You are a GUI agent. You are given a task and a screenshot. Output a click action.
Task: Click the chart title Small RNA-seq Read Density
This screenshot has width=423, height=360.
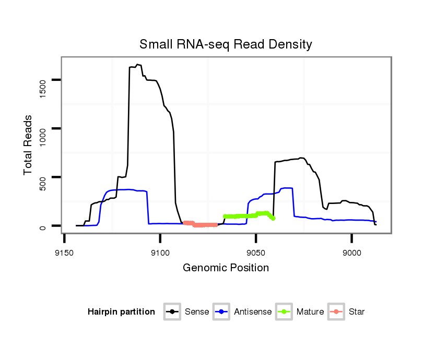(x=226, y=44)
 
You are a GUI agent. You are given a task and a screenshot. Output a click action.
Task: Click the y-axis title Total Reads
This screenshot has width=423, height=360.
(x=29, y=145)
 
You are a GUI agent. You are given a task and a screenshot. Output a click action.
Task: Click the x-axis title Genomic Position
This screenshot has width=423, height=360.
(x=226, y=268)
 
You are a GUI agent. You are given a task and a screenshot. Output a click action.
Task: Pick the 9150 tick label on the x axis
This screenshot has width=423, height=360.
(x=64, y=253)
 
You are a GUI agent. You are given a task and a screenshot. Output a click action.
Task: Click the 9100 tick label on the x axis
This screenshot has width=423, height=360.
(x=160, y=253)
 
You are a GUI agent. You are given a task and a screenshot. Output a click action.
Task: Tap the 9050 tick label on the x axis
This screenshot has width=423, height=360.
(x=256, y=253)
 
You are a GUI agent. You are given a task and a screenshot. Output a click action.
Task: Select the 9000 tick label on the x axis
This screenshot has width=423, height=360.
(x=351, y=253)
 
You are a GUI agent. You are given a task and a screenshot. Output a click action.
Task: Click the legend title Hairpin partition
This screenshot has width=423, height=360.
(x=121, y=312)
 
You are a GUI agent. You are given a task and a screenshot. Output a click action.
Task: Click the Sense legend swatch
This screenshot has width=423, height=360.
(x=172, y=312)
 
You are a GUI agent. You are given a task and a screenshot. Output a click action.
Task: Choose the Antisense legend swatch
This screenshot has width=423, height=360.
(x=222, y=312)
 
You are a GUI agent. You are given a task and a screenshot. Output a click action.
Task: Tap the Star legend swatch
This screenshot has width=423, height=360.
(x=336, y=312)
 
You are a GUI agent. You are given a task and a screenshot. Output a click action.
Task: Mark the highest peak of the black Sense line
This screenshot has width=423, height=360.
(x=137, y=65)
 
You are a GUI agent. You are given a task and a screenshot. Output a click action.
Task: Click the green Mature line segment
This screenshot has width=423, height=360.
(x=248, y=215)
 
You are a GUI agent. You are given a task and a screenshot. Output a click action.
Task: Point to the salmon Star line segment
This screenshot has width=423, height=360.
(x=201, y=224)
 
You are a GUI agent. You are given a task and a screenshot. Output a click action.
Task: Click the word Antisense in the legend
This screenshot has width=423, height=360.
(x=253, y=312)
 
